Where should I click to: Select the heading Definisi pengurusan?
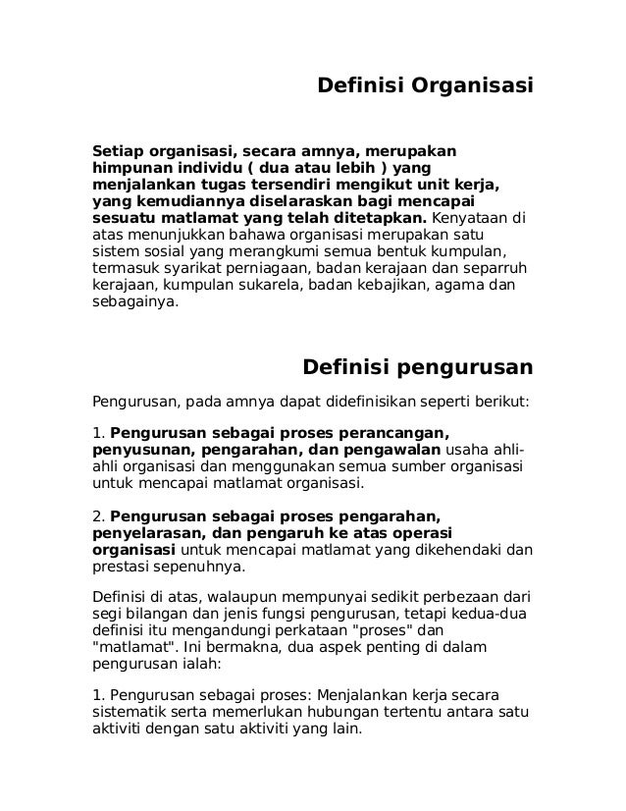(416, 368)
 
